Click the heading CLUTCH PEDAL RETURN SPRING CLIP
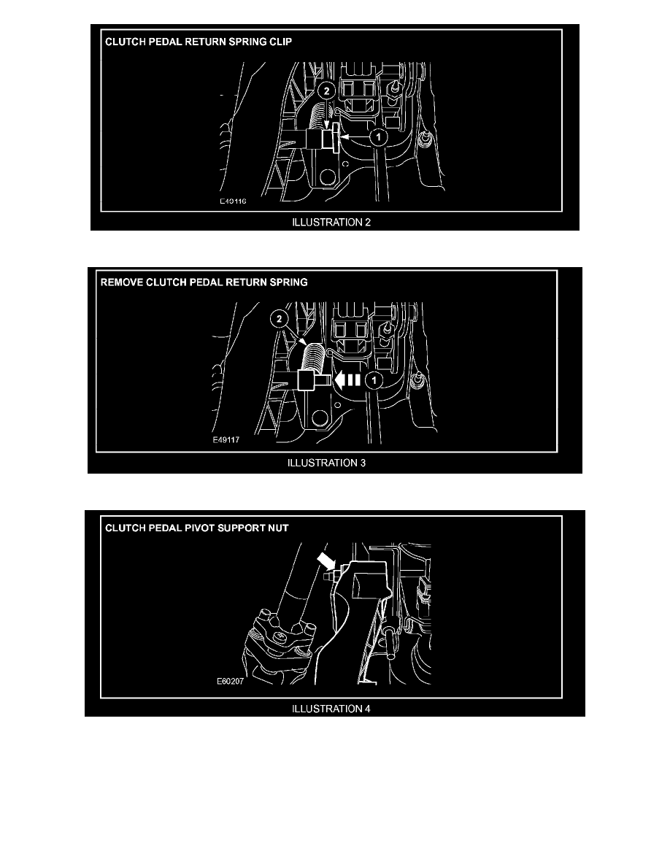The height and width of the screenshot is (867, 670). pyautogui.click(x=199, y=42)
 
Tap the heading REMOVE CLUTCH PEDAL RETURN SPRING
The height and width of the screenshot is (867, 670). pyautogui.click(x=204, y=282)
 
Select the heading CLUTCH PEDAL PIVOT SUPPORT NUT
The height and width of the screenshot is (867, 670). pyautogui.click(x=197, y=528)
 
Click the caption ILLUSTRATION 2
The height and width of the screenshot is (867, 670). pyautogui.click(x=331, y=223)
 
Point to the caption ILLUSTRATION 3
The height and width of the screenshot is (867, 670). pyautogui.click(x=326, y=463)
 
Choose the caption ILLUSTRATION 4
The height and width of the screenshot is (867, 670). pyautogui.click(x=331, y=709)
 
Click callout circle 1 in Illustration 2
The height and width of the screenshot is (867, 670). pyautogui.click(x=379, y=136)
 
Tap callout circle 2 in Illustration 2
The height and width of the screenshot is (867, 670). pyautogui.click(x=327, y=90)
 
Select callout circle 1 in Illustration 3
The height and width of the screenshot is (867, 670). pyautogui.click(x=374, y=380)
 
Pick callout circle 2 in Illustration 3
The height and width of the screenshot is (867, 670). pyautogui.click(x=279, y=319)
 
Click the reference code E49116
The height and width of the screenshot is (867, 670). pyautogui.click(x=233, y=201)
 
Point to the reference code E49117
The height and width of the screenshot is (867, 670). pyautogui.click(x=227, y=440)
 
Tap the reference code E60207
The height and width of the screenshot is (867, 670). pyautogui.click(x=230, y=681)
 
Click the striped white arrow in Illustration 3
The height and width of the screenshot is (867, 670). pyautogui.click(x=347, y=380)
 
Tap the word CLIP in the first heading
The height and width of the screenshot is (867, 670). pyautogui.click(x=281, y=42)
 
